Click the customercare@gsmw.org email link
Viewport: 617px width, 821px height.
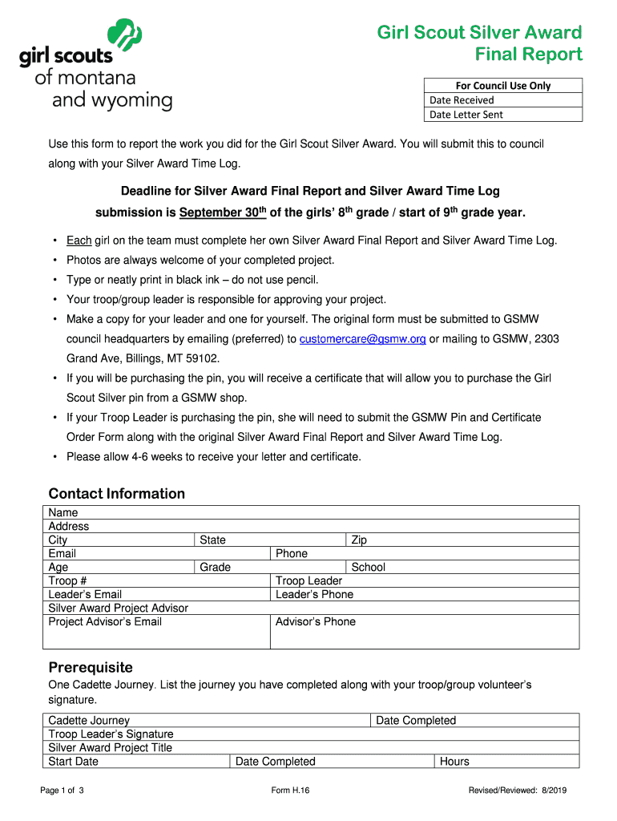pos(362,339)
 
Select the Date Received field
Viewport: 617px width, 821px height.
pos(502,100)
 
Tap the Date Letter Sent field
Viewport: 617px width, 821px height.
pos(502,115)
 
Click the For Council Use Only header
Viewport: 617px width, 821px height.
pos(502,86)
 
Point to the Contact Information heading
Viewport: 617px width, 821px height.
pos(117,494)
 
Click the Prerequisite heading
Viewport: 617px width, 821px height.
pos(91,668)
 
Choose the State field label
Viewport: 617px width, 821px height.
pos(212,540)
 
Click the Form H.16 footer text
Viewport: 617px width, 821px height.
pos(291,791)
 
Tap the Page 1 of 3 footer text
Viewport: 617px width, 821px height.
pos(62,791)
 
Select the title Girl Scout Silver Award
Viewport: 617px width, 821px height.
pos(479,33)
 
